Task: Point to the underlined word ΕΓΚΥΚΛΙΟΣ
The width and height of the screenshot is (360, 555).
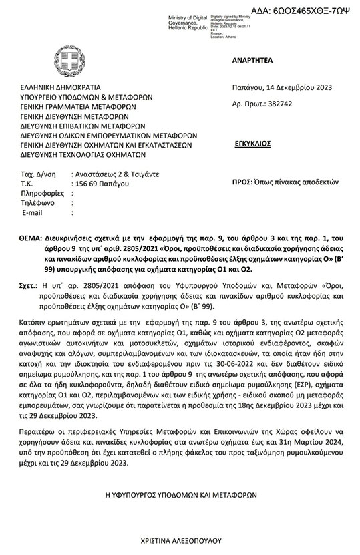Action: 253,143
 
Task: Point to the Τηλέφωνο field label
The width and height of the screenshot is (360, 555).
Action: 37,203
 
